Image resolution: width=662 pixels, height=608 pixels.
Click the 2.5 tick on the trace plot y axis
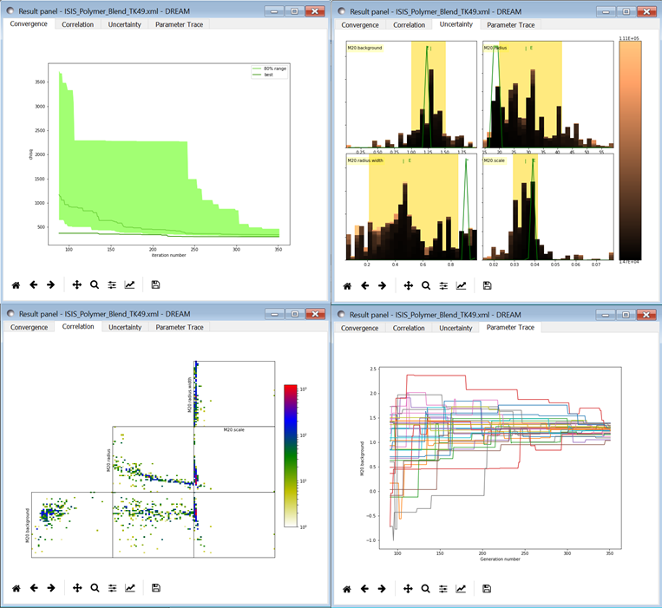[x=371, y=369]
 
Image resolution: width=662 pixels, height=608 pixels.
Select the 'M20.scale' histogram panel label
[x=495, y=160]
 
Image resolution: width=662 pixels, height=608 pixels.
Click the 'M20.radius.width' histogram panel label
[x=366, y=160]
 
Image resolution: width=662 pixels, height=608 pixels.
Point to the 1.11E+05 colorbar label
[x=630, y=39]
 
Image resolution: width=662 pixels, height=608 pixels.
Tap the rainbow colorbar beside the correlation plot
[x=291, y=455]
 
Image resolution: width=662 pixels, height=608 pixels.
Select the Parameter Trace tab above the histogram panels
[x=511, y=24]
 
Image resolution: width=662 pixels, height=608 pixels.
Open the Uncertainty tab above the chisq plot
[x=125, y=24]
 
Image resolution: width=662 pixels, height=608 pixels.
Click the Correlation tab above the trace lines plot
[x=409, y=328]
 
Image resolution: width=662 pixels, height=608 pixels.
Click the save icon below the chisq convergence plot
[x=155, y=284]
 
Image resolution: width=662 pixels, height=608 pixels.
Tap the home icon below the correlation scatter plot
[x=16, y=588]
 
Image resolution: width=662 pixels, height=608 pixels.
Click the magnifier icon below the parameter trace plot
[x=425, y=589]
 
